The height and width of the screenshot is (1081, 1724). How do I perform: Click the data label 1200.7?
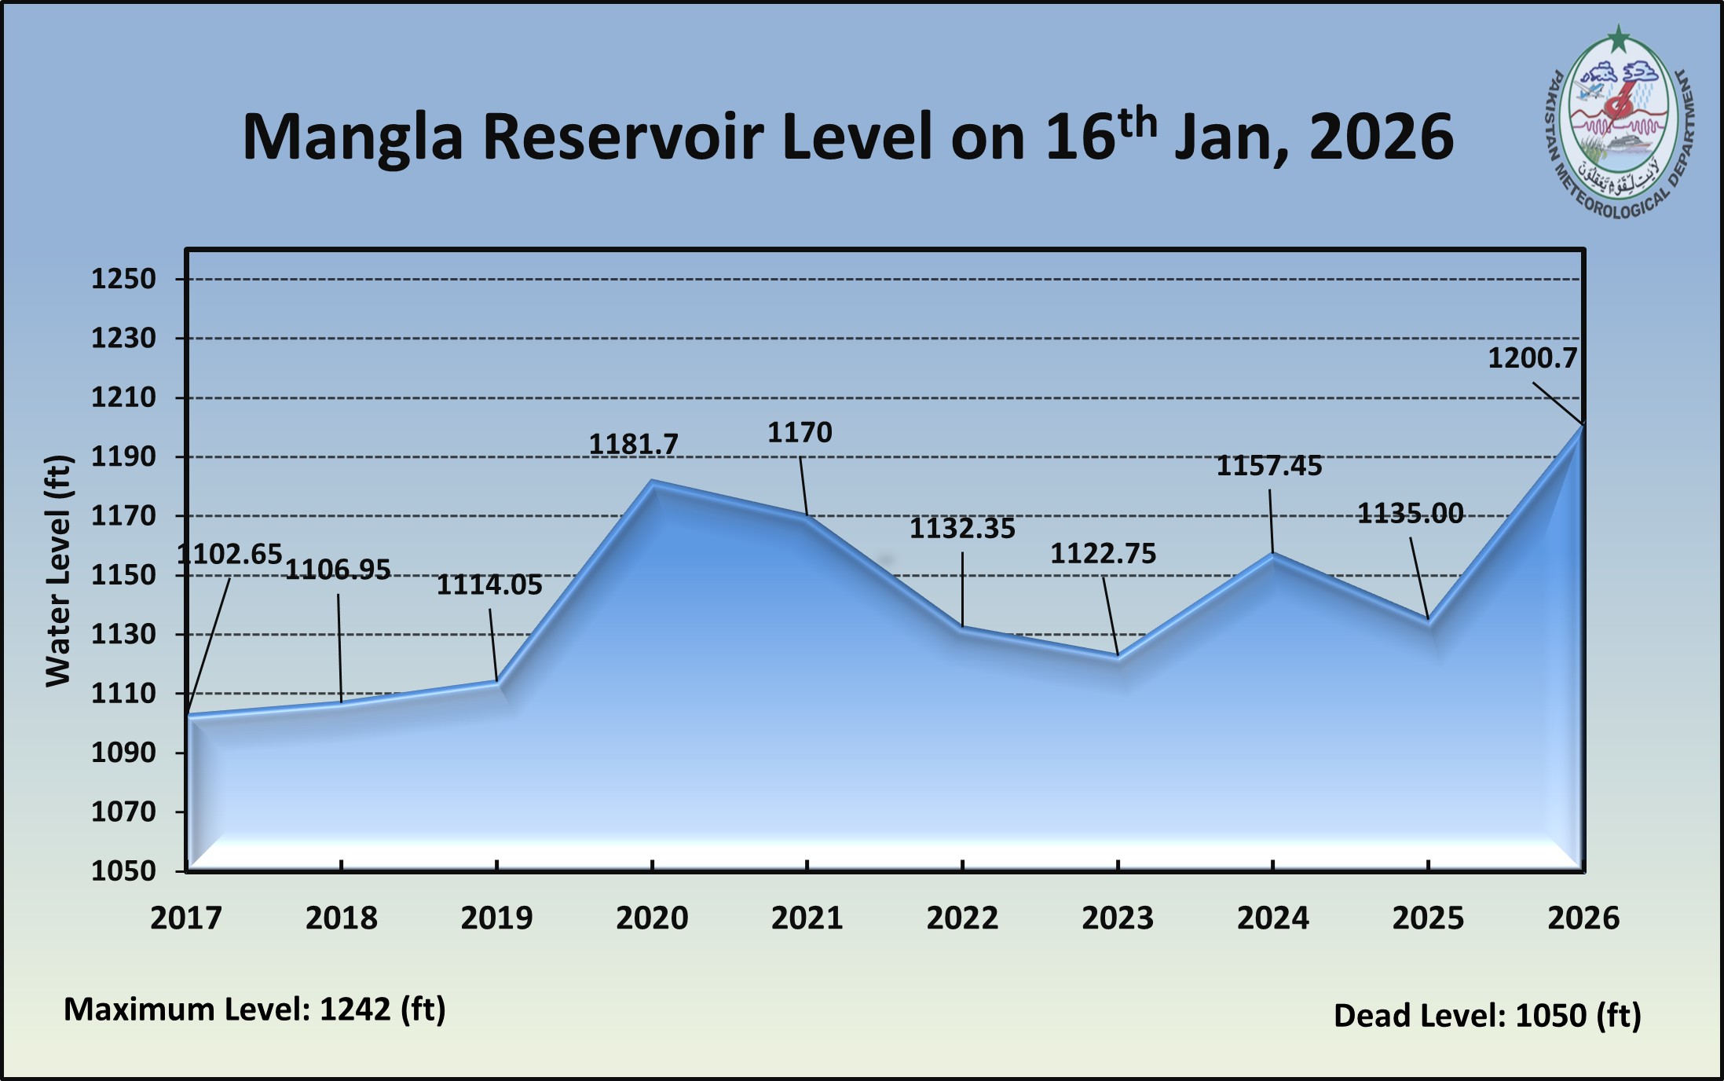click(x=1532, y=359)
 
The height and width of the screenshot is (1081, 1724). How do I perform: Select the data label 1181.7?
click(x=633, y=445)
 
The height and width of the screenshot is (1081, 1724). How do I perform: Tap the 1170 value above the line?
click(x=800, y=433)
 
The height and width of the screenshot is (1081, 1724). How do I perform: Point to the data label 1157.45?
click(x=1269, y=467)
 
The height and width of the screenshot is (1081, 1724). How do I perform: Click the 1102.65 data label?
click(x=229, y=555)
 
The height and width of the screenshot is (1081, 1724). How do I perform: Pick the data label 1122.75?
click(x=1104, y=555)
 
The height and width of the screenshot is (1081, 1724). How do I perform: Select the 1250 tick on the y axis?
click(x=123, y=280)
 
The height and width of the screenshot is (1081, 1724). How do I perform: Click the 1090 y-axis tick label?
click(x=123, y=753)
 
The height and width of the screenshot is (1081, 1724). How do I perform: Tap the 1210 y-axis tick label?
click(x=123, y=398)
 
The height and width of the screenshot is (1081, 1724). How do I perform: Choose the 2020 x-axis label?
click(x=652, y=918)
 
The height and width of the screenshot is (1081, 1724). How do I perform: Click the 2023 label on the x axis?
click(x=1118, y=918)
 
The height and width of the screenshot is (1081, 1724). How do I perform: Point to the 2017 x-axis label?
click(x=186, y=918)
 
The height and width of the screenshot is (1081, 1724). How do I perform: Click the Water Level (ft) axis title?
click(x=59, y=571)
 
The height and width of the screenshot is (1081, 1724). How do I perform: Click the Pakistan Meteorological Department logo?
click(x=1618, y=126)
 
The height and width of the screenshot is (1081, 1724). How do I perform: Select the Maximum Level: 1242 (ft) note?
click(x=254, y=1010)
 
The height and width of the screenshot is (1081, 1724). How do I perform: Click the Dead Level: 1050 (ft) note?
click(x=1488, y=1016)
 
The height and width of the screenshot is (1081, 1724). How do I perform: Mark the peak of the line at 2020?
click(x=652, y=482)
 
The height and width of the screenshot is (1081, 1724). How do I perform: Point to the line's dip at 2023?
click(x=1118, y=657)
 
